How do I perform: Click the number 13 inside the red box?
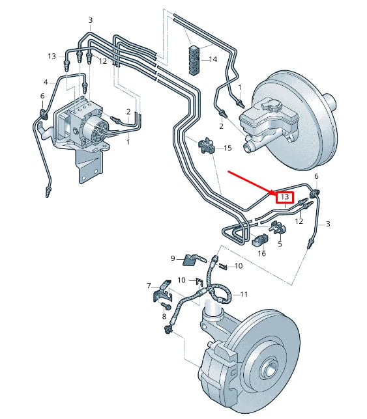[x=284, y=197]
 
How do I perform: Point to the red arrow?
[x=252, y=183]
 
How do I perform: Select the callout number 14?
[x=213, y=59]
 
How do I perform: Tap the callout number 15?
[x=228, y=148]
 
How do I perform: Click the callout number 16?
[x=261, y=253]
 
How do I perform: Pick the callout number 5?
[x=280, y=245]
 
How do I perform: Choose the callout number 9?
[x=174, y=258]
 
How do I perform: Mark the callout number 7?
[x=149, y=286]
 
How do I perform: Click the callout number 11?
[x=244, y=294]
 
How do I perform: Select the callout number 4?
[x=46, y=82]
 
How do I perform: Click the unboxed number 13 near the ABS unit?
[x=52, y=56]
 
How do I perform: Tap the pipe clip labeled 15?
[x=207, y=145]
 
